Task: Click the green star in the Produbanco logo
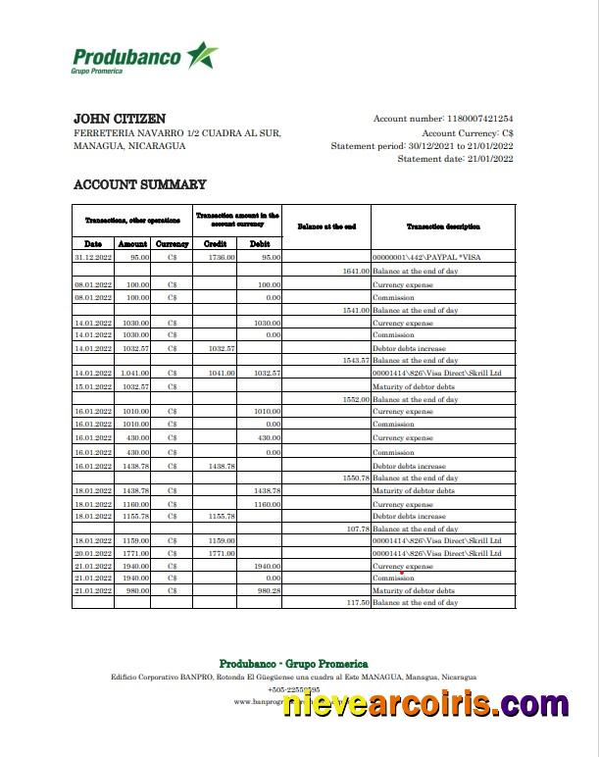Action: [202, 56]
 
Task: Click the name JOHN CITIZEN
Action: [120, 119]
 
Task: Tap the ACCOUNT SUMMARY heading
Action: [140, 184]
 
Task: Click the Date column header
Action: [93, 243]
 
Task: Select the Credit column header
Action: [215, 243]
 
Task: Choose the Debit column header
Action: [260, 243]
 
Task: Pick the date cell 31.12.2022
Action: [93, 257]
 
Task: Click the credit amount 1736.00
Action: [222, 257]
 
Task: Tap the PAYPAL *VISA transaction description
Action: [428, 257]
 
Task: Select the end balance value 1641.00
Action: [355, 271]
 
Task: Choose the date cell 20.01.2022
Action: [93, 553]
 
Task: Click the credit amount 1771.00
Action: [222, 553]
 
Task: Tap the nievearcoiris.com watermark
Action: [425, 704]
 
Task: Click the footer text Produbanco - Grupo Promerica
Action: [293, 664]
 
